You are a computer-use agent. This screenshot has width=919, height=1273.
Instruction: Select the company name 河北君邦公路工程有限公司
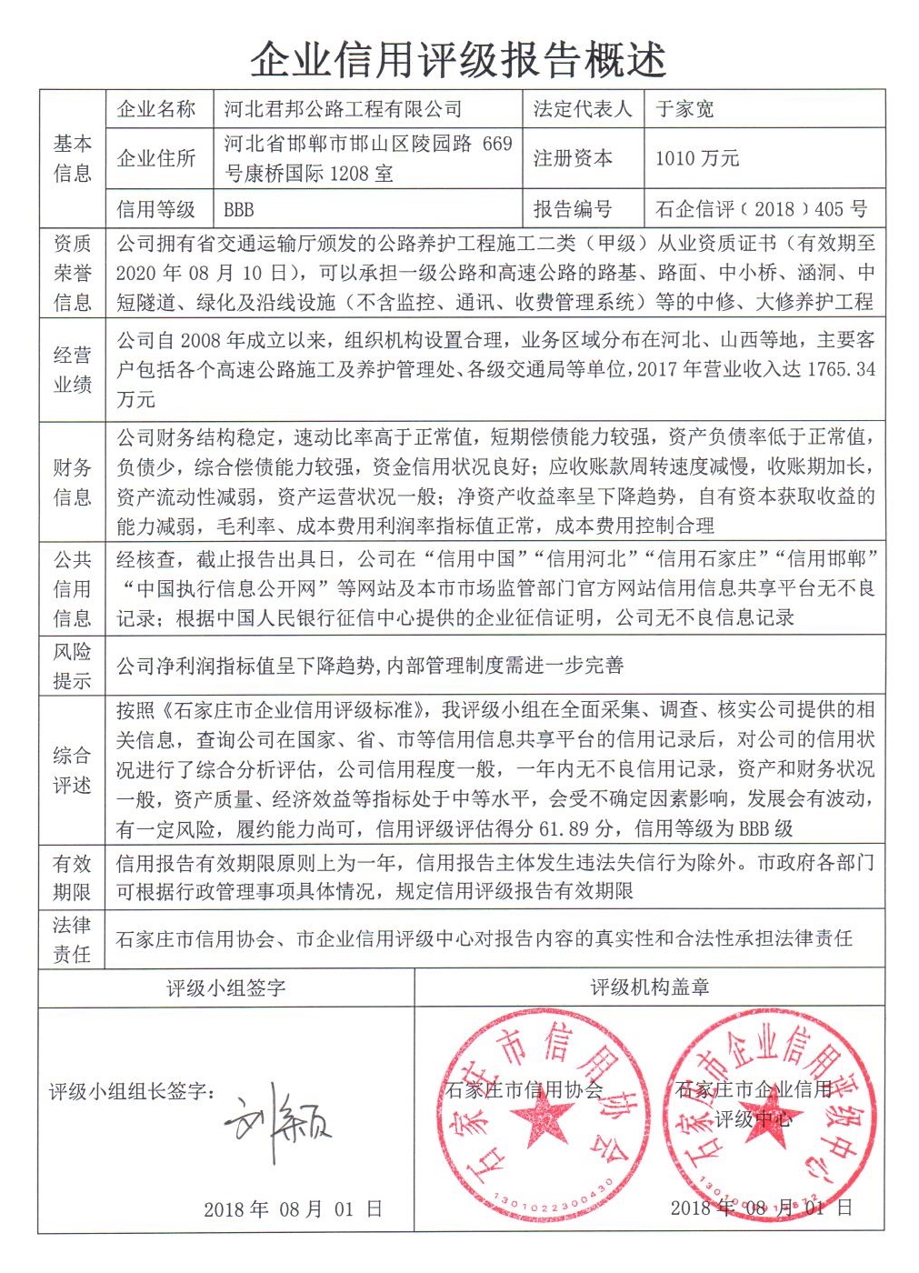(343, 110)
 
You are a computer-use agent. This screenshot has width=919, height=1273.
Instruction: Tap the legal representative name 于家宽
(684, 110)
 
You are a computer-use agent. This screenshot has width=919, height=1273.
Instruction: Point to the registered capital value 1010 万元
(696, 158)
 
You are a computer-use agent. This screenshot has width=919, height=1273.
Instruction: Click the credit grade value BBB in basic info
(238, 209)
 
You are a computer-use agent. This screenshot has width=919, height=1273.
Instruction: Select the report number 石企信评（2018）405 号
(761, 209)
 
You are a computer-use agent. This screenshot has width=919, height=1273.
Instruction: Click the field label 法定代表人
(582, 110)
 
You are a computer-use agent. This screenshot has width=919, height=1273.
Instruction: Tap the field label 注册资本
(573, 158)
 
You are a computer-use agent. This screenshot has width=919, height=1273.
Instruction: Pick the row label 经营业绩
(72, 369)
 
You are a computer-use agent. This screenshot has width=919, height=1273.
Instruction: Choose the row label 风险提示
(72, 666)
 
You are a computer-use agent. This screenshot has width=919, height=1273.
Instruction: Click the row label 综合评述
(72, 769)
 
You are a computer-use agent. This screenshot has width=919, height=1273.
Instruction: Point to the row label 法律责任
(72, 939)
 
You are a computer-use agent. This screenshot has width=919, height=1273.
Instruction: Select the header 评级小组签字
(225, 987)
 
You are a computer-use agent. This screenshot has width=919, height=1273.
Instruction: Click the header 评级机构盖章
(649, 987)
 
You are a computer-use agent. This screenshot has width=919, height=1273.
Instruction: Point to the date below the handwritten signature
(293, 1208)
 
